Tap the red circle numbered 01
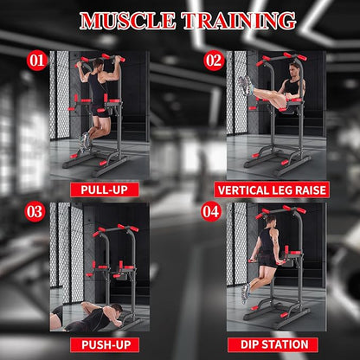36,61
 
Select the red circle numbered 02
214,61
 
